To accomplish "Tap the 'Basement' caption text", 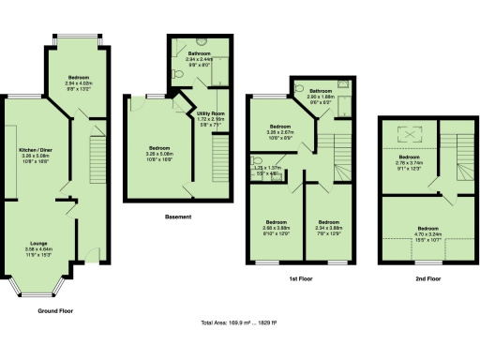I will tap(178, 217).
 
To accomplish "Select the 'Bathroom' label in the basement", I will tap(199, 54).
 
